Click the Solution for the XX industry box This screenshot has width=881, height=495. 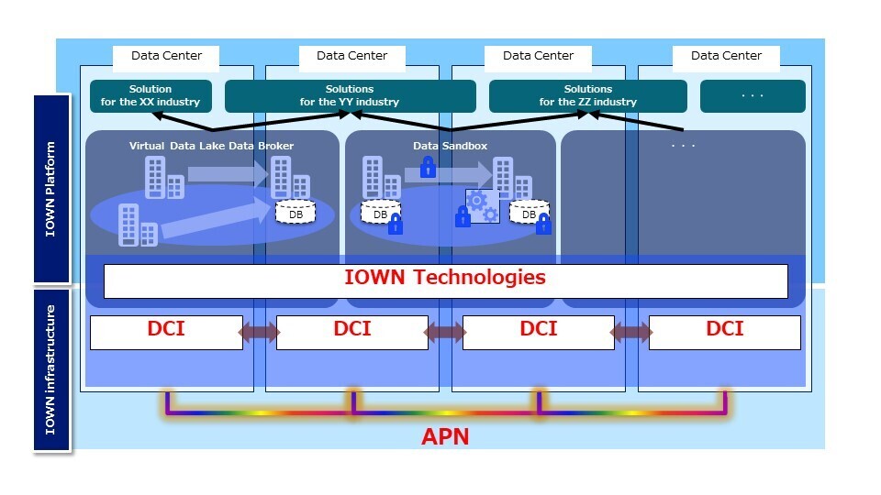tap(151, 95)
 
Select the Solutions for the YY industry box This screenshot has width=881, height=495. tap(350, 95)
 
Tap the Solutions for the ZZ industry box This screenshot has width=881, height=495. tap(587, 95)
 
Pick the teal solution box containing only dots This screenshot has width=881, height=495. tap(753, 95)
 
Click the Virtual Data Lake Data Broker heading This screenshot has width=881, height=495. tap(211, 146)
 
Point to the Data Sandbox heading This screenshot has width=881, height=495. tap(450, 146)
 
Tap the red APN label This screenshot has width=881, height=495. tap(445, 436)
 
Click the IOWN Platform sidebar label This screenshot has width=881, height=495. tap(51, 188)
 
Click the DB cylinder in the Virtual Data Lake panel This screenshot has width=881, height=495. tap(296, 213)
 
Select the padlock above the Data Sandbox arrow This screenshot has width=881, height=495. tap(427, 167)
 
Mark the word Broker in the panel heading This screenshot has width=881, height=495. tap(275, 146)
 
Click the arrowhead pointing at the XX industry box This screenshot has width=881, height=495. tap(157, 115)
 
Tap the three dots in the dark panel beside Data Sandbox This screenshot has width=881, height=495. tap(684, 146)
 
